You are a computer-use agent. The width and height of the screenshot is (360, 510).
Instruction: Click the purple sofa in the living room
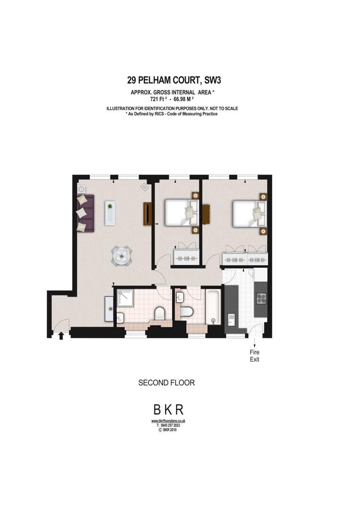coord(85,213)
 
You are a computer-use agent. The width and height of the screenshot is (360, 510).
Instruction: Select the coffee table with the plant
coord(110,212)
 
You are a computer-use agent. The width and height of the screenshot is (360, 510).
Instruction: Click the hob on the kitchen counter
coord(260,298)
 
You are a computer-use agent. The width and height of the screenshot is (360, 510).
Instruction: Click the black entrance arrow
coord(60,336)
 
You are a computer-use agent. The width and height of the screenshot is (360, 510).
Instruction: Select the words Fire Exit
coord(255,356)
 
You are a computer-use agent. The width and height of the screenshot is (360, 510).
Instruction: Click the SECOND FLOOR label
coord(166,382)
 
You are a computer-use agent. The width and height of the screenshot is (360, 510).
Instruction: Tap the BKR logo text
coord(167,409)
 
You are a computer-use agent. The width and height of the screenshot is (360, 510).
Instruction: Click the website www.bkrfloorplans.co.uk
coord(168,421)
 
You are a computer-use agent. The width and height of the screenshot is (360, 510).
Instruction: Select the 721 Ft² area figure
coord(159,100)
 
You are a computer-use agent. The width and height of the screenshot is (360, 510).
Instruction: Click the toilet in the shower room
coord(159,313)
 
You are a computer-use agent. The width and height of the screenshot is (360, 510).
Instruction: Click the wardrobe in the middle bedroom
coord(186,258)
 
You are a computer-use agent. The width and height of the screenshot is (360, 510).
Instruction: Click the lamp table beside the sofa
coord(81,187)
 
